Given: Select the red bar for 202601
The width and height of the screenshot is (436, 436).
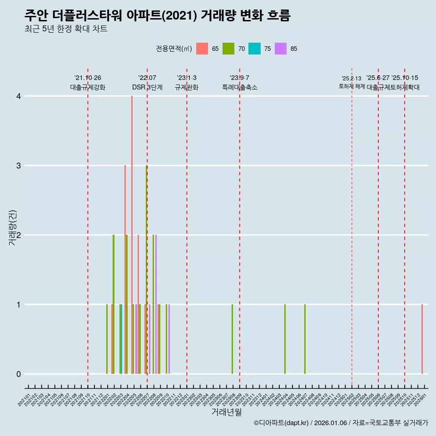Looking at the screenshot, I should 422,339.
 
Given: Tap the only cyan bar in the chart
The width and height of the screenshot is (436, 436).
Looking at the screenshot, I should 122,339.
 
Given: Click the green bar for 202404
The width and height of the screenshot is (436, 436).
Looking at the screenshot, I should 285,339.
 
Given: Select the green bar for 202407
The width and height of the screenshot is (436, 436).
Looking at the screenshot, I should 305,339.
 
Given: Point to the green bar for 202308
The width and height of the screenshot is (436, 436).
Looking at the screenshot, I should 232,339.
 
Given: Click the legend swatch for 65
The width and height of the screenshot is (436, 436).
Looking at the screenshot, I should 202,49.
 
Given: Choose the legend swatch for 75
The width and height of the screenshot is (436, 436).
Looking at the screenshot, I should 254,49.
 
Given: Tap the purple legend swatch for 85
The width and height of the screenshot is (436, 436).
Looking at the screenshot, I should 281,49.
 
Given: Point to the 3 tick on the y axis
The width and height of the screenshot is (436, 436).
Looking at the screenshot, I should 18,166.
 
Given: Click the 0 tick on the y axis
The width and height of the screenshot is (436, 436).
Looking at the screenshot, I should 18,374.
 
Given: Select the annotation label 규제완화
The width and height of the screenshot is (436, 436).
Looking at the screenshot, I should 187,87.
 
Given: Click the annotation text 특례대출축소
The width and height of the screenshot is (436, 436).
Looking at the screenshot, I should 239,87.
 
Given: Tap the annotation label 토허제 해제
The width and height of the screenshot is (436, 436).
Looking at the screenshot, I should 352,86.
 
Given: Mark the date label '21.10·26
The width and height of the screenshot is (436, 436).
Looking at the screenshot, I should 88,78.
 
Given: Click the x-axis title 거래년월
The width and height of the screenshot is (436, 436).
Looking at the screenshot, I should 226,412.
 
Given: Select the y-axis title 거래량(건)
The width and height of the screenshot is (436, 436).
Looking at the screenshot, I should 12,228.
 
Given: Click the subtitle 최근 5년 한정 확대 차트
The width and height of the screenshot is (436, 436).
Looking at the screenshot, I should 66,29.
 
